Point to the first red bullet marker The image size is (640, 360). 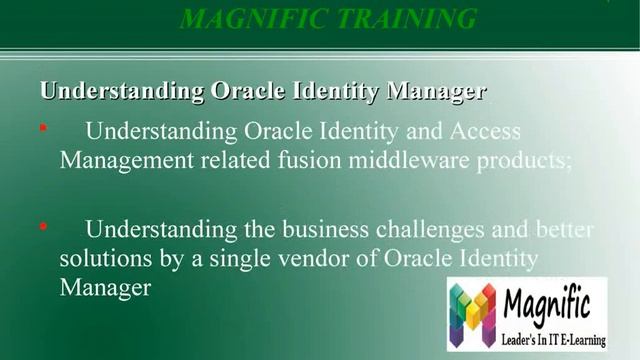[x=42, y=129]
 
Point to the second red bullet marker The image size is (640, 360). [x=42, y=228]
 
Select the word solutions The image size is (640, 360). [x=103, y=259]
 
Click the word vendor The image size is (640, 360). [x=306, y=259]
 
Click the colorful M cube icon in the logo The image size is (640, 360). [x=472, y=313]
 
